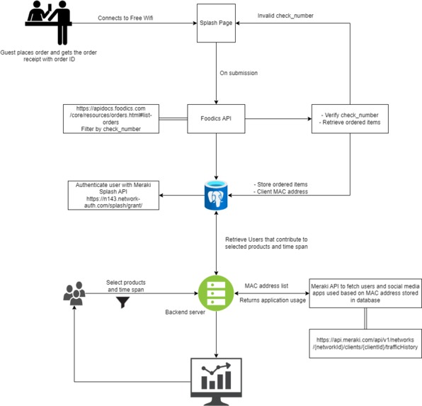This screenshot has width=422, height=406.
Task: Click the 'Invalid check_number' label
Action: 286,15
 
